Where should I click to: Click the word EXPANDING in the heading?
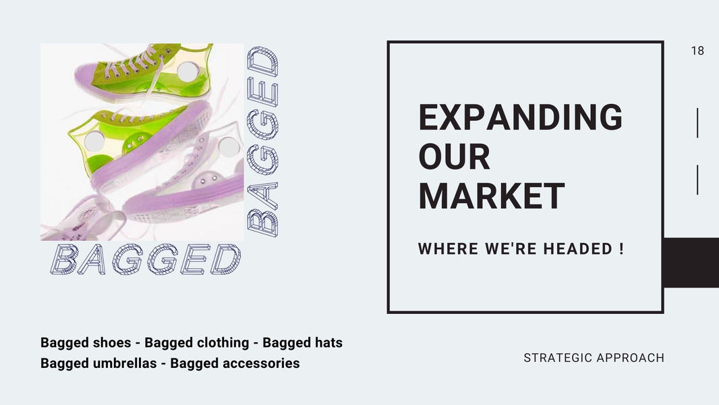tap(521, 117)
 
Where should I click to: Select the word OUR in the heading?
tap(454, 157)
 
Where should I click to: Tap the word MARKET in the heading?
tap(491, 196)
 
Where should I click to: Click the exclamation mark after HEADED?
tap(621, 248)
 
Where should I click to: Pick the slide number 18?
tap(697, 51)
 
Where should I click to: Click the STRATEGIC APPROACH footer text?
tap(594, 358)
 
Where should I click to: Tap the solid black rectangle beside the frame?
tap(691, 263)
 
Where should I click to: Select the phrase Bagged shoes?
tap(86, 343)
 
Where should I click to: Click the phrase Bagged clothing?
tap(197, 343)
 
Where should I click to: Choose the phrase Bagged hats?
tap(302, 343)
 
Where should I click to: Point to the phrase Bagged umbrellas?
tap(98, 362)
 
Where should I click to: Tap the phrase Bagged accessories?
tap(235, 362)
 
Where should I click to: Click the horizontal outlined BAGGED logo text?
tap(146, 259)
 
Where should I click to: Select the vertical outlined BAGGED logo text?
tap(263, 141)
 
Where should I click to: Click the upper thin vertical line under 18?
tap(697, 123)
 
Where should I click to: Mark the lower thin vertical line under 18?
tap(697, 180)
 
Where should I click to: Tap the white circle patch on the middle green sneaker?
tap(94, 141)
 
